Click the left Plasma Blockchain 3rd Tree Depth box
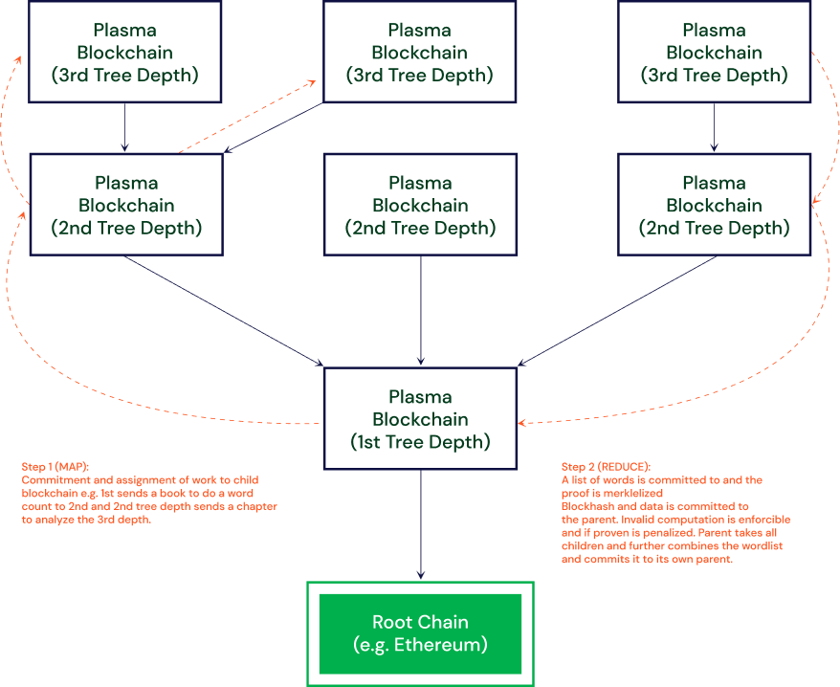[x=125, y=52]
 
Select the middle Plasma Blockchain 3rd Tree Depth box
[x=419, y=52]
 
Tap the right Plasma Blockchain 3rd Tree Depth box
[x=714, y=52]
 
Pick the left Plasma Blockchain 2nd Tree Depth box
[x=126, y=205]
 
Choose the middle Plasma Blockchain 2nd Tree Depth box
[x=420, y=205]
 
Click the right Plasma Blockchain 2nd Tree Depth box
[x=714, y=205]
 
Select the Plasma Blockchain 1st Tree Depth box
[x=420, y=419]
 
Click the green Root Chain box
[x=420, y=633]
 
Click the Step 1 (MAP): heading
[x=55, y=467]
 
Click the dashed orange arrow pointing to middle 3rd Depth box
[x=249, y=117]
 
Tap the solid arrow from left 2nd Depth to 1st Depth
[x=225, y=311]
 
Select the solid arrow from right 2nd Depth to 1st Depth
[x=617, y=311]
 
